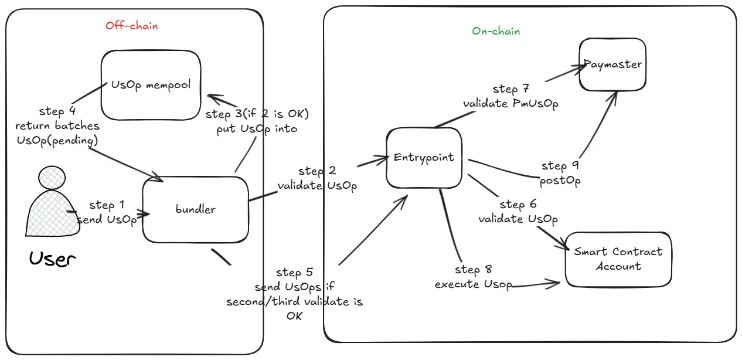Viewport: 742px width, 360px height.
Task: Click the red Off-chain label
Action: (x=131, y=26)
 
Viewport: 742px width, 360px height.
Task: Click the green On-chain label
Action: (x=496, y=31)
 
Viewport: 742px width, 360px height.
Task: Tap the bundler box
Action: (x=195, y=209)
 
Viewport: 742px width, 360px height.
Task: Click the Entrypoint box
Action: (x=424, y=158)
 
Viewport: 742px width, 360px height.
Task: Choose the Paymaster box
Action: (x=612, y=64)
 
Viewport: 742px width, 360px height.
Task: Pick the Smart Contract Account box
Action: (x=618, y=259)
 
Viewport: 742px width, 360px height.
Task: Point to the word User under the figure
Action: (x=53, y=259)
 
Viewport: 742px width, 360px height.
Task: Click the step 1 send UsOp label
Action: (x=107, y=212)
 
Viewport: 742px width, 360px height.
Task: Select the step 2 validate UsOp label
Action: (x=317, y=178)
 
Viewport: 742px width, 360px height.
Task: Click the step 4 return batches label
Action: (x=57, y=125)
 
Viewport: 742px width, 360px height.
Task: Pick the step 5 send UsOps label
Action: (x=294, y=294)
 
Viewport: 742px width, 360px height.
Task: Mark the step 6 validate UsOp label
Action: (x=518, y=212)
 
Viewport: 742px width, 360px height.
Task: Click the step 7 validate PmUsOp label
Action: (x=510, y=96)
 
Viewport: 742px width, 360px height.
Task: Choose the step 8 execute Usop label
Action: (x=473, y=277)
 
